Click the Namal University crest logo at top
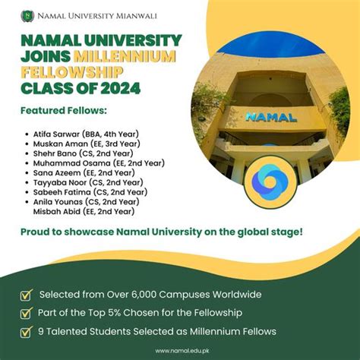[27, 14]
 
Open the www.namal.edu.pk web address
[180, 350]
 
